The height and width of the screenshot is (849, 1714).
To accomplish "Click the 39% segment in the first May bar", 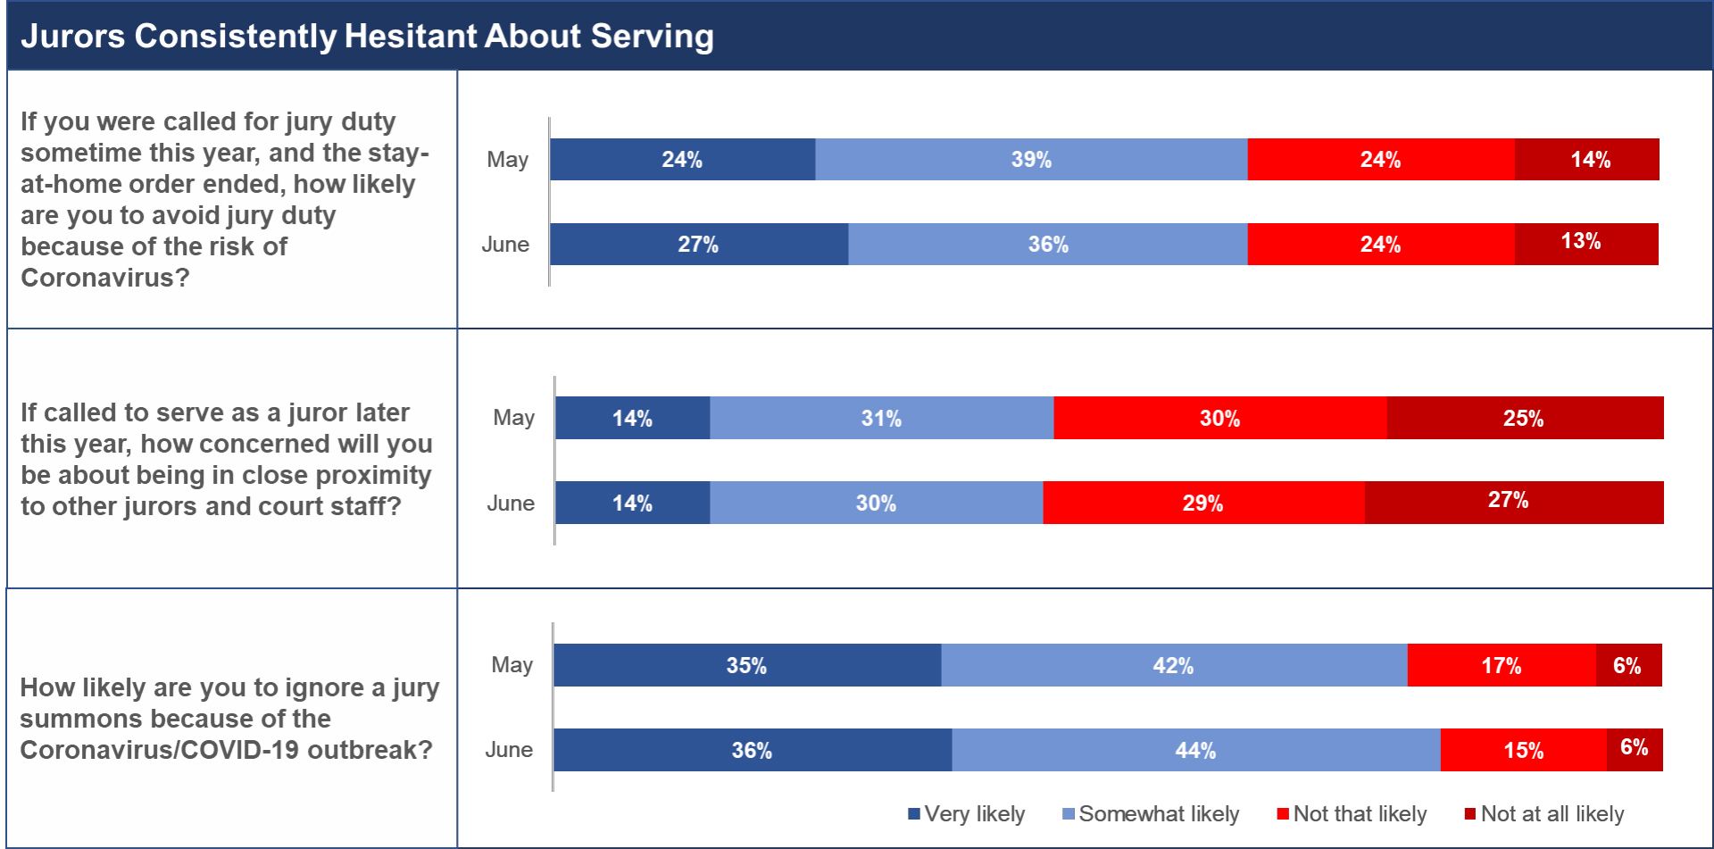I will (1031, 160).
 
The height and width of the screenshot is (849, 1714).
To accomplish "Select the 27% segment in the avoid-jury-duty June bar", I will (698, 245).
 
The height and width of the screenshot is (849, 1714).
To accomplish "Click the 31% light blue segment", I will (881, 418).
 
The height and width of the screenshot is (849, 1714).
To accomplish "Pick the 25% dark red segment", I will (1524, 418).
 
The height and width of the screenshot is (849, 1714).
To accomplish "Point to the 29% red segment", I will (1202, 503).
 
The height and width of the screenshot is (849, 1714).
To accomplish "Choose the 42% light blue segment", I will (1173, 665).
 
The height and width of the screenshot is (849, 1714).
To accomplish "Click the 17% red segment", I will (1501, 665).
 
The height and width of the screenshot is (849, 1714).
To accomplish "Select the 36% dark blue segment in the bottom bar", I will (752, 750).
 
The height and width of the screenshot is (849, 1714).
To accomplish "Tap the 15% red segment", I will (1523, 750).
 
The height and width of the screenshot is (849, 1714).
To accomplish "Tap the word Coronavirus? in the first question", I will (105, 278).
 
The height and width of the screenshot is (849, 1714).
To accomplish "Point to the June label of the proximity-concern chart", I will (511, 504).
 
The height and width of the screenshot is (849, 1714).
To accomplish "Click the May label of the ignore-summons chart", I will (512, 665).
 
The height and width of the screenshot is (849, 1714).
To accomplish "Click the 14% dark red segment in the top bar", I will (1589, 160).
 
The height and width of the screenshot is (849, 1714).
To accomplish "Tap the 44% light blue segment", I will (1195, 750).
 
